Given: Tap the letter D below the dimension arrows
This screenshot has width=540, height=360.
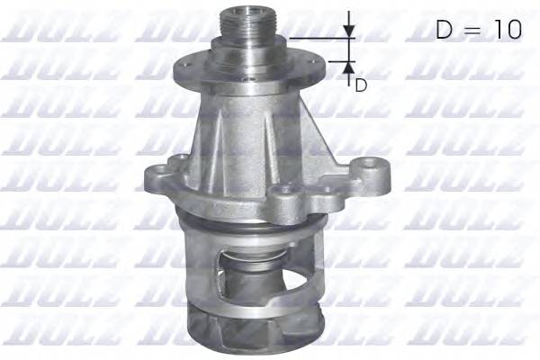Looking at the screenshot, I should (x=360, y=85).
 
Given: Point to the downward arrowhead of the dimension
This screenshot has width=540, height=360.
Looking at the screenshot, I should (x=350, y=31).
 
